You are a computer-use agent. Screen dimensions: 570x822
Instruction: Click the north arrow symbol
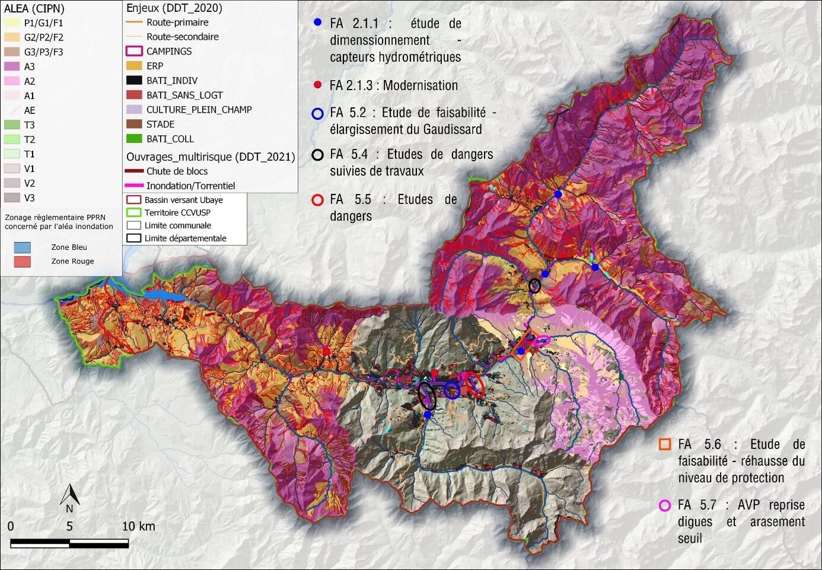[x=69, y=495]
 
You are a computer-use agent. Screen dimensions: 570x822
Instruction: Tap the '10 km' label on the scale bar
[x=138, y=526]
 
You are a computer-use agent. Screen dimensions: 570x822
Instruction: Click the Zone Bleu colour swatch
[x=22, y=247]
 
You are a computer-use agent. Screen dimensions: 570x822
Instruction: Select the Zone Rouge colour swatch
[x=22, y=262]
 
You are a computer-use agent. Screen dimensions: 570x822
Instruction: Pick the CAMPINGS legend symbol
[x=134, y=52]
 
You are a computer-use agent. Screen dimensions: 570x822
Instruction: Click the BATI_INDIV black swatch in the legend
[x=134, y=81]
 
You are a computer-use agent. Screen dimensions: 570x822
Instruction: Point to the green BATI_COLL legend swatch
[x=134, y=139]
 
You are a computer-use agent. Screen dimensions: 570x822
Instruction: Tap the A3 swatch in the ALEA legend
[x=12, y=66]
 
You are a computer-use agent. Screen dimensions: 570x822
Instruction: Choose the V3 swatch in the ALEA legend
[x=12, y=198]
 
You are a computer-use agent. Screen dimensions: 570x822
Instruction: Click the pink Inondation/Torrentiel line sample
[x=134, y=186]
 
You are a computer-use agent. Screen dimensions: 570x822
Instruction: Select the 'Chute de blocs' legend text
[x=177, y=171]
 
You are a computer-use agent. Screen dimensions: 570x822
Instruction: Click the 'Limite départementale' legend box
[x=133, y=238]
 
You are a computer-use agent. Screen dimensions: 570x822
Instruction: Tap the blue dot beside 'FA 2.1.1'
[x=318, y=23]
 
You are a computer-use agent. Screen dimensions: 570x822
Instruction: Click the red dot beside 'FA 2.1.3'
[x=318, y=85]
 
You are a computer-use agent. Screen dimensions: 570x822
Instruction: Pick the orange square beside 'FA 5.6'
[x=665, y=444]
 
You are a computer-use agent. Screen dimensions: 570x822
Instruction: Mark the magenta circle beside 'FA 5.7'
[x=665, y=505]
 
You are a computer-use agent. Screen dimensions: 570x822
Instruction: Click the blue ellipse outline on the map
[x=451, y=390]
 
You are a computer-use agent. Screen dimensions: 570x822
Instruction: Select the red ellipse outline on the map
[x=474, y=384]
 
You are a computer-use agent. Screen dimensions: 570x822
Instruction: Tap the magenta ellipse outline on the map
[x=541, y=340]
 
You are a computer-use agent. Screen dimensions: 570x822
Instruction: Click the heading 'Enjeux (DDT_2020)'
[x=174, y=8]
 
